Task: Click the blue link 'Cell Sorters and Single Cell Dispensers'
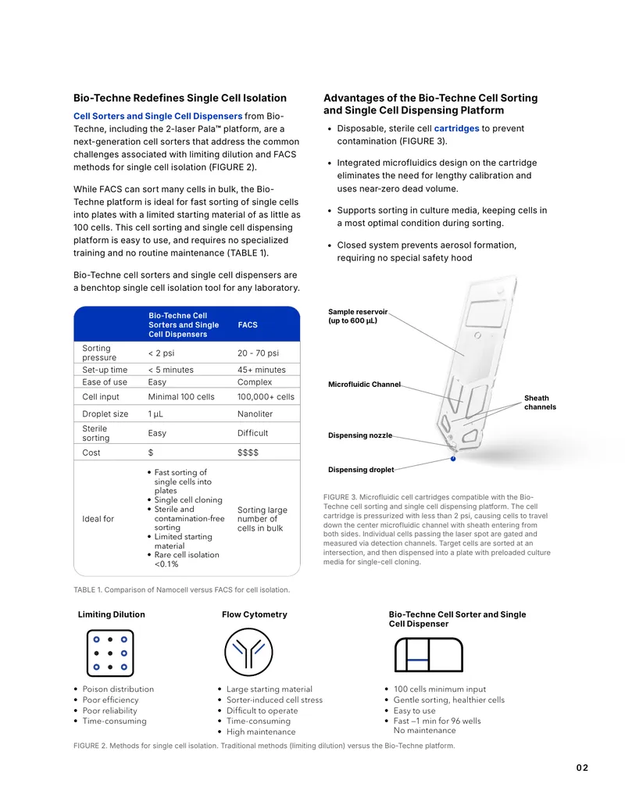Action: (158, 116)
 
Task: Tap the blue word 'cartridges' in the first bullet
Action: (456, 128)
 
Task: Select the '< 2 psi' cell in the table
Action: (162, 353)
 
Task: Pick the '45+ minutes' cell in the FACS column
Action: (262, 370)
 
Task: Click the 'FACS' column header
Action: (248, 325)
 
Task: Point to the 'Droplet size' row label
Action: (105, 413)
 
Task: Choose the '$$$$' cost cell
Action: (248, 453)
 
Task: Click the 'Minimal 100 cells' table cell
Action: (181, 397)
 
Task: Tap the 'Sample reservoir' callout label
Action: (358, 316)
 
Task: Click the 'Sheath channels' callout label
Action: (540, 403)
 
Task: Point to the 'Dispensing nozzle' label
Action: (360, 435)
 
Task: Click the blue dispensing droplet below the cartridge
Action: (453, 459)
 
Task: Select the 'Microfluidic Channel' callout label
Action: (364, 385)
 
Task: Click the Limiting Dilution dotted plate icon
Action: (110, 653)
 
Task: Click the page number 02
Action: (582, 768)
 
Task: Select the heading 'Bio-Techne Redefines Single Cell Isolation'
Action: (180, 98)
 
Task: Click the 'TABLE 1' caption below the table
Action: (181, 589)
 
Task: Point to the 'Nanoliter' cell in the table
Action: (255, 413)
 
